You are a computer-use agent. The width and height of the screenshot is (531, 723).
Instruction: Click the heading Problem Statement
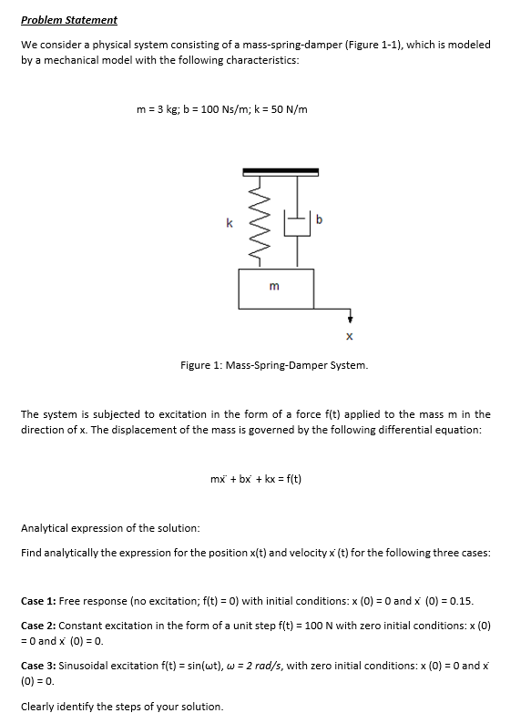(69, 19)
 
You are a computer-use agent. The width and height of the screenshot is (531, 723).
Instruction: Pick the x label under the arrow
(350, 337)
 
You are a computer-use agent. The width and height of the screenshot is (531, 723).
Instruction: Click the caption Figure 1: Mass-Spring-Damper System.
(274, 365)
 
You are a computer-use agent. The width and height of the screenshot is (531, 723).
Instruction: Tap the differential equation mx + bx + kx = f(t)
(256, 477)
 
